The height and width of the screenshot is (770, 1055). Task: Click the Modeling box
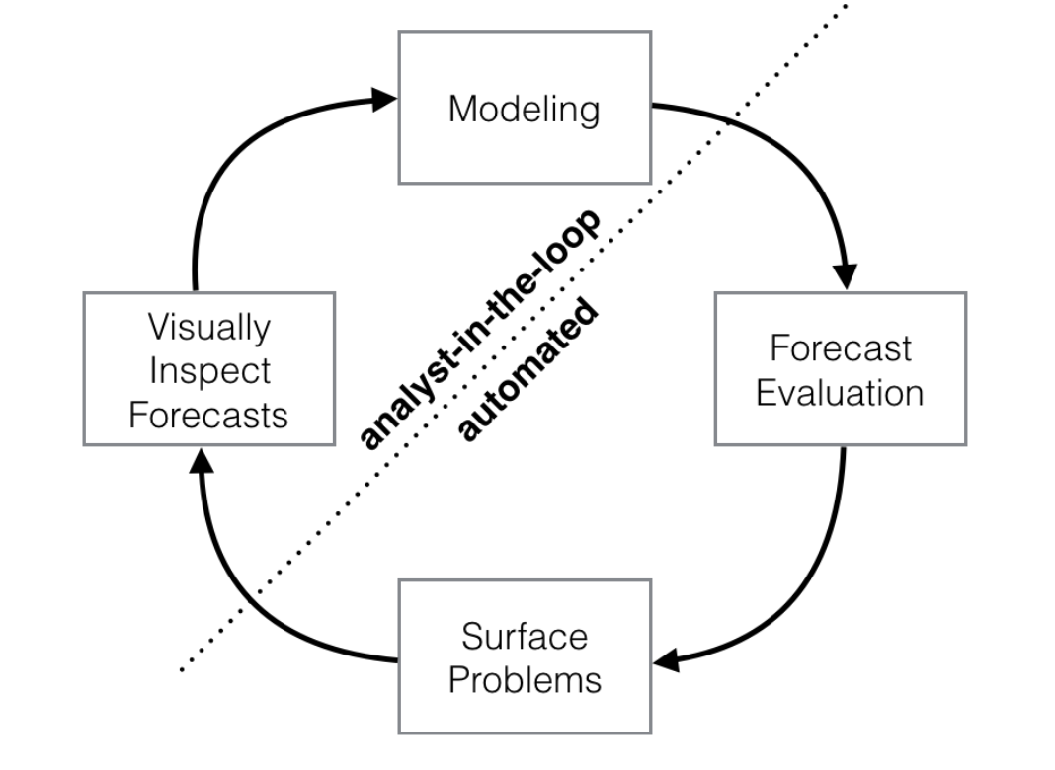click(524, 107)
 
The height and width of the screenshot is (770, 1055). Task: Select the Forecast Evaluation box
click(840, 368)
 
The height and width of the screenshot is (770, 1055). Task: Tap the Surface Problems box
click(524, 655)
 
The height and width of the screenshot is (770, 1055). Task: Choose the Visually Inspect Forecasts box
click(208, 368)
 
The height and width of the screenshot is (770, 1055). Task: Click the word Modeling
click(524, 109)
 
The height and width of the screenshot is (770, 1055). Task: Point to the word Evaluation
click(840, 393)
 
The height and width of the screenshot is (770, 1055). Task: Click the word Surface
click(525, 636)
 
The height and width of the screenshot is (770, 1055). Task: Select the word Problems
click(525, 679)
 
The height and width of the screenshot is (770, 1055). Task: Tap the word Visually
click(208, 327)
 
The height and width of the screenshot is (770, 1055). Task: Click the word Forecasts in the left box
click(208, 414)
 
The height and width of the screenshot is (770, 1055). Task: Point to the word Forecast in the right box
click(841, 348)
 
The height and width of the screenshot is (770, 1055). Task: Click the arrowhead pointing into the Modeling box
click(382, 99)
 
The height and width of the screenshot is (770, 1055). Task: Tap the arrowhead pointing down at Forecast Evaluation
click(845, 275)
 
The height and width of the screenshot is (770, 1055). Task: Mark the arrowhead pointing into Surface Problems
click(668, 658)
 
